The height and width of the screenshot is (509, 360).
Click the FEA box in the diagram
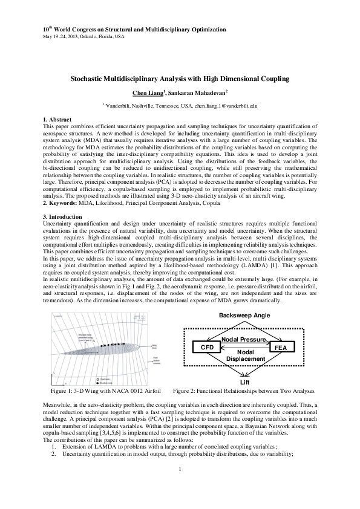tap(280, 348)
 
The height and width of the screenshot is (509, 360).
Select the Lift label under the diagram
tap(244, 383)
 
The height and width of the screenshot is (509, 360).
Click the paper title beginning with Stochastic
tap(180, 79)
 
